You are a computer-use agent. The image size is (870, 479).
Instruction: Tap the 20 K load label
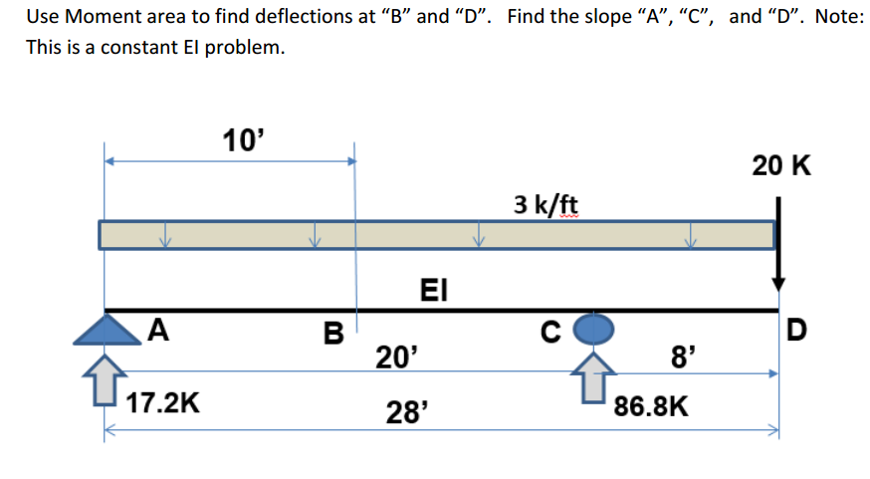(x=781, y=165)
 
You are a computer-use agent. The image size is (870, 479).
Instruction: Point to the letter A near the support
(x=157, y=329)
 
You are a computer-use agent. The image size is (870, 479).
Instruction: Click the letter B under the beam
(x=332, y=332)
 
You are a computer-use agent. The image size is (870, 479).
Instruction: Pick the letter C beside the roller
(x=549, y=330)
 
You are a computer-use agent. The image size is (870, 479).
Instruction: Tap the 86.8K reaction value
(x=652, y=405)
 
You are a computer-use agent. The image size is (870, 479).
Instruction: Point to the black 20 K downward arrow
(x=778, y=244)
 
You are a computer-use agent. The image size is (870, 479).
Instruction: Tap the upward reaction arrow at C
(x=593, y=377)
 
